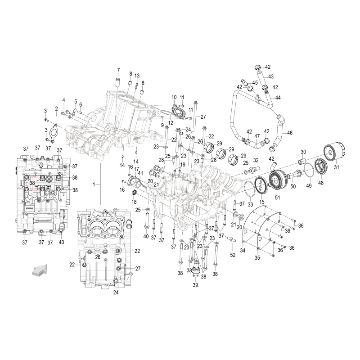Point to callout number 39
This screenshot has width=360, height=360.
[195, 285]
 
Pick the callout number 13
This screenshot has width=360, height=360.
[137, 75]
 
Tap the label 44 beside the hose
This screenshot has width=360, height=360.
[278, 98]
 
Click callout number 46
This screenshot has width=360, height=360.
[290, 133]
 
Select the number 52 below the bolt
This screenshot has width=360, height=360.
[233, 255]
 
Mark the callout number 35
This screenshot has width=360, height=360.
[257, 258]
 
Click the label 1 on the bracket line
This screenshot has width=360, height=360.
[94, 184]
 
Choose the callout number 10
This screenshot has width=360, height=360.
[174, 97]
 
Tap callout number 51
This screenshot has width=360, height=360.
[277, 196]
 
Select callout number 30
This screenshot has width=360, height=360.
[303, 152]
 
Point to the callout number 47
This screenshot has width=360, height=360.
[257, 136]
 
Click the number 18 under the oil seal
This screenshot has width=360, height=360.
[134, 202]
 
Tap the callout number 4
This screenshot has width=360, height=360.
[63, 100]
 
